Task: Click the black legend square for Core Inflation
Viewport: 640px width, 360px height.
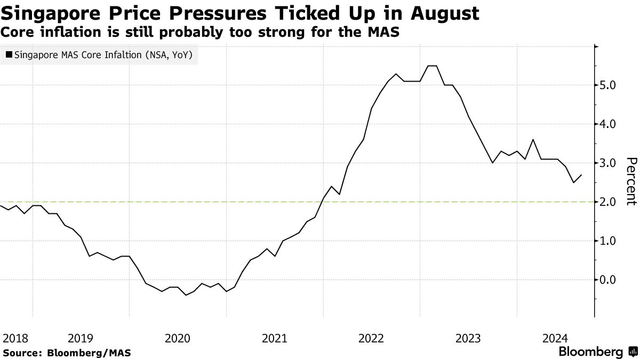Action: click(x=9, y=54)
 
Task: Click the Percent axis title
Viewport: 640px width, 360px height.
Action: click(x=631, y=181)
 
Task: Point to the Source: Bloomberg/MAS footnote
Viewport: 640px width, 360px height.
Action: click(x=67, y=353)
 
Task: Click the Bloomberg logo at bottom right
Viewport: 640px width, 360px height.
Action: click(x=597, y=352)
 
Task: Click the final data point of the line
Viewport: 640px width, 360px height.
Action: click(x=581, y=175)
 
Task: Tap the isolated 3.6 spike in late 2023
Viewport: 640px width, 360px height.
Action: click(x=533, y=140)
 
